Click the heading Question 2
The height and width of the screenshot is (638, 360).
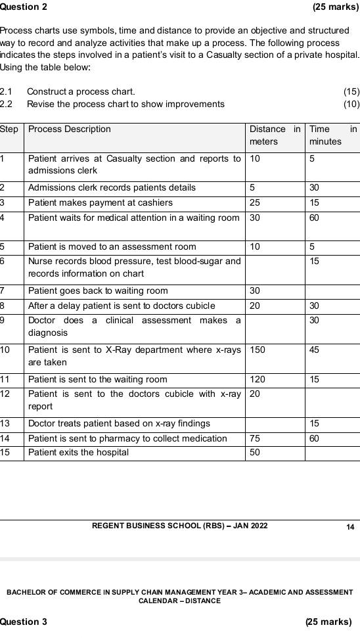click(24, 7)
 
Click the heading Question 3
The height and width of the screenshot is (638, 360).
click(24, 622)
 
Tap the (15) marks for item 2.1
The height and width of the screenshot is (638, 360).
click(351, 91)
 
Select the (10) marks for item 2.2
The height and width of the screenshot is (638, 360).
click(351, 104)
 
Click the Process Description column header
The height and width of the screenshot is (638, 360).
click(70, 129)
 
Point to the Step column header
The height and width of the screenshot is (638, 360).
click(9, 129)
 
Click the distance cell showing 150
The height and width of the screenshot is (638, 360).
click(258, 350)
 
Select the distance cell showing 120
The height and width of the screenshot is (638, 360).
click(258, 380)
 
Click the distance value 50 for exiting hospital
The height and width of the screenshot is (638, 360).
click(255, 453)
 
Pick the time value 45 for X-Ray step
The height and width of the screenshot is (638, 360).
click(315, 350)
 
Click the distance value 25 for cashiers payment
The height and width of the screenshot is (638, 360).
click(255, 202)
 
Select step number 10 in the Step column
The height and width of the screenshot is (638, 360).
click(6, 350)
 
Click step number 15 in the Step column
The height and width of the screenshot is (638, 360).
click(6, 453)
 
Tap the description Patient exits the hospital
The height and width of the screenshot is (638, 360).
click(78, 453)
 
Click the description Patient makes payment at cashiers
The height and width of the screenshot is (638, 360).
click(100, 202)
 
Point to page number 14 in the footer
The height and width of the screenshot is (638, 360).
click(350, 526)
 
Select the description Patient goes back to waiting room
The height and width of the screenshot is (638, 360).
click(98, 291)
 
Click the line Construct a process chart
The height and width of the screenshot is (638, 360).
click(81, 91)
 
